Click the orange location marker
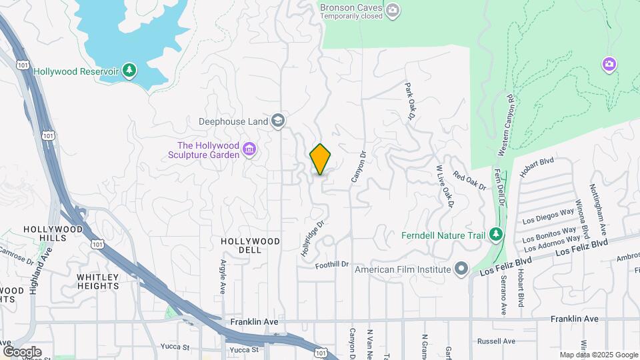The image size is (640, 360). click(x=321, y=159)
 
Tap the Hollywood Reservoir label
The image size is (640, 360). click(x=75, y=71)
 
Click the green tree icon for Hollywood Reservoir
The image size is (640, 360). click(x=129, y=71)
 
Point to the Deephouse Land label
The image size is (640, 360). click(x=233, y=121)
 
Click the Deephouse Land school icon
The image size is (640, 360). click(x=277, y=121)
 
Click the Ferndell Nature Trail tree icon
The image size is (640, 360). click(x=495, y=234)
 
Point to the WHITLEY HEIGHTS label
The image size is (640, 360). click(x=97, y=281)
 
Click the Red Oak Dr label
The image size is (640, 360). click(x=470, y=180)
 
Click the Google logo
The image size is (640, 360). click(x=22, y=351)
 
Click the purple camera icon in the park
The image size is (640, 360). click(x=609, y=64)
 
